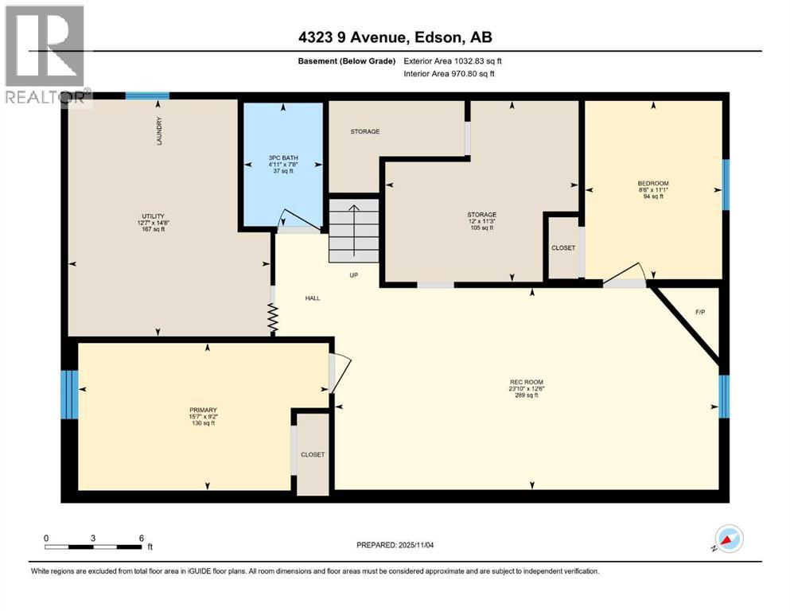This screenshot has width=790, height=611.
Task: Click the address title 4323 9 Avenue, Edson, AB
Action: pyautogui.click(x=395, y=37)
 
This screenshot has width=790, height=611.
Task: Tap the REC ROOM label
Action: pyautogui.click(x=527, y=382)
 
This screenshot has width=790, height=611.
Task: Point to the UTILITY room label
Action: pyautogui.click(x=153, y=216)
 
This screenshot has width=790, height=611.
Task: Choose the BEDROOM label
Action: pyautogui.click(x=653, y=183)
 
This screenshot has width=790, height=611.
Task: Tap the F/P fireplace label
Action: pyautogui.click(x=700, y=312)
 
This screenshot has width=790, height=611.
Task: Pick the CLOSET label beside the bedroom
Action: pyautogui.click(x=563, y=247)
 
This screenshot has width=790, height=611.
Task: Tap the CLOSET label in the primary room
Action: pyautogui.click(x=312, y=454)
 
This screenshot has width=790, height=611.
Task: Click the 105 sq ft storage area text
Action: pyautogui.click(x=481, y=228)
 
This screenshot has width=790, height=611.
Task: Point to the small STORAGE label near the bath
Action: pyautogui.click(x=365, y=131)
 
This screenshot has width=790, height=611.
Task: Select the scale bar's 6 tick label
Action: pyautogui.click(x=142, y=538)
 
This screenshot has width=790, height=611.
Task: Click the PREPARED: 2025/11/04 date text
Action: pyautogui.click(x=395, y=545)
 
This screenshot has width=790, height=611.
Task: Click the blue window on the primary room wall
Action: pyautogui.click(x=70, y=395)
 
